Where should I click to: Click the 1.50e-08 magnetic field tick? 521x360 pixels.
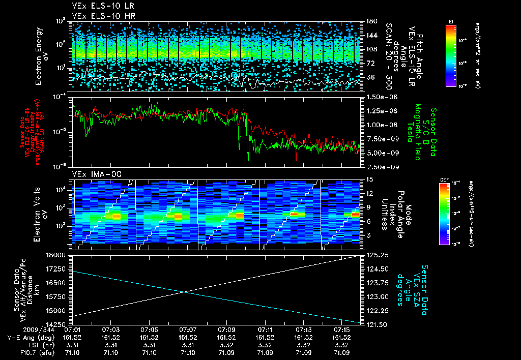(379, 97)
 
